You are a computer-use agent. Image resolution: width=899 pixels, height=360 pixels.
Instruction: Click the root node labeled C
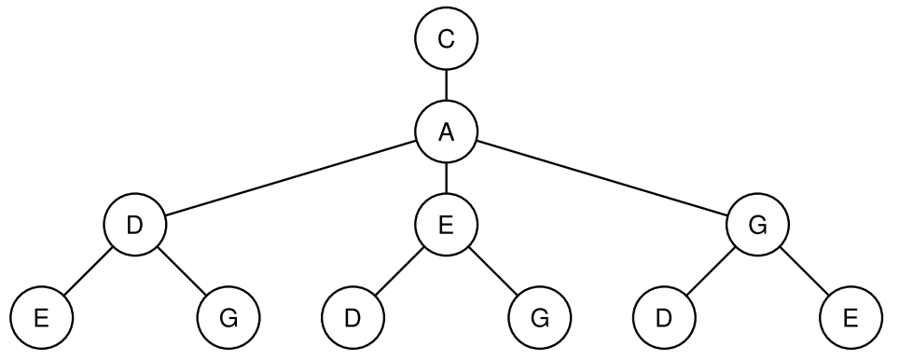(446, 39)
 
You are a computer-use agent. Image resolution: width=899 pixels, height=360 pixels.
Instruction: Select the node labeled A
(446, 132)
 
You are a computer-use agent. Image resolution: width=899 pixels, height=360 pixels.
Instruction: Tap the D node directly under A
(134, 226)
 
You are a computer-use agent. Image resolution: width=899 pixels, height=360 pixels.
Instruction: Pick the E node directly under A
(446, 226)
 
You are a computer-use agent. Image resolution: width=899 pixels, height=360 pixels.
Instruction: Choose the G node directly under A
(757, 226)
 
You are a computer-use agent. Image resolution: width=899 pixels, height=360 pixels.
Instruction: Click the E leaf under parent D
(41, 319)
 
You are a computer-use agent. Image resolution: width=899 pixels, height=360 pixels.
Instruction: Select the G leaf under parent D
(228, 319)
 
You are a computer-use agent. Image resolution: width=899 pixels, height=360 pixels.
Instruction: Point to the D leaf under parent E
(353, 319)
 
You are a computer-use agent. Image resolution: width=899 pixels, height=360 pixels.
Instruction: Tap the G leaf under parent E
(539, 319)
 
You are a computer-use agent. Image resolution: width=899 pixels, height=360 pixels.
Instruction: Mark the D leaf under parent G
(664, 319)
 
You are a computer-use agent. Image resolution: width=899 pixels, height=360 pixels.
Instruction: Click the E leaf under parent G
(851, 319)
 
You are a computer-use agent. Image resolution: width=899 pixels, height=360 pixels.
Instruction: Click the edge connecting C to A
(446, 86)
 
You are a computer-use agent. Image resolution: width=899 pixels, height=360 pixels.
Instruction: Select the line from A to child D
(290, 179)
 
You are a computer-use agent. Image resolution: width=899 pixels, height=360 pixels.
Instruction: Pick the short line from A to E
(446, 179)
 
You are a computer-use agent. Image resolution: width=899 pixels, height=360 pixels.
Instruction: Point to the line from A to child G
(602, 179)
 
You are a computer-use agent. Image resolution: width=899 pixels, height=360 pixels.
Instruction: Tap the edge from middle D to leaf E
(88, 272)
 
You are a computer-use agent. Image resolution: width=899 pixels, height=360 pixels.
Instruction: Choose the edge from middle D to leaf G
(181, 272)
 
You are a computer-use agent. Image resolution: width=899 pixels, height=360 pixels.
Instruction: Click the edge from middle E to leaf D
(399, 272)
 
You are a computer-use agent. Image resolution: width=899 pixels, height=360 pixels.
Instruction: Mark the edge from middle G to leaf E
(804, 272)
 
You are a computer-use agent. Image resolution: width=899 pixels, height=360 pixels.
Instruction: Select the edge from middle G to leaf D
(711, 272)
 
